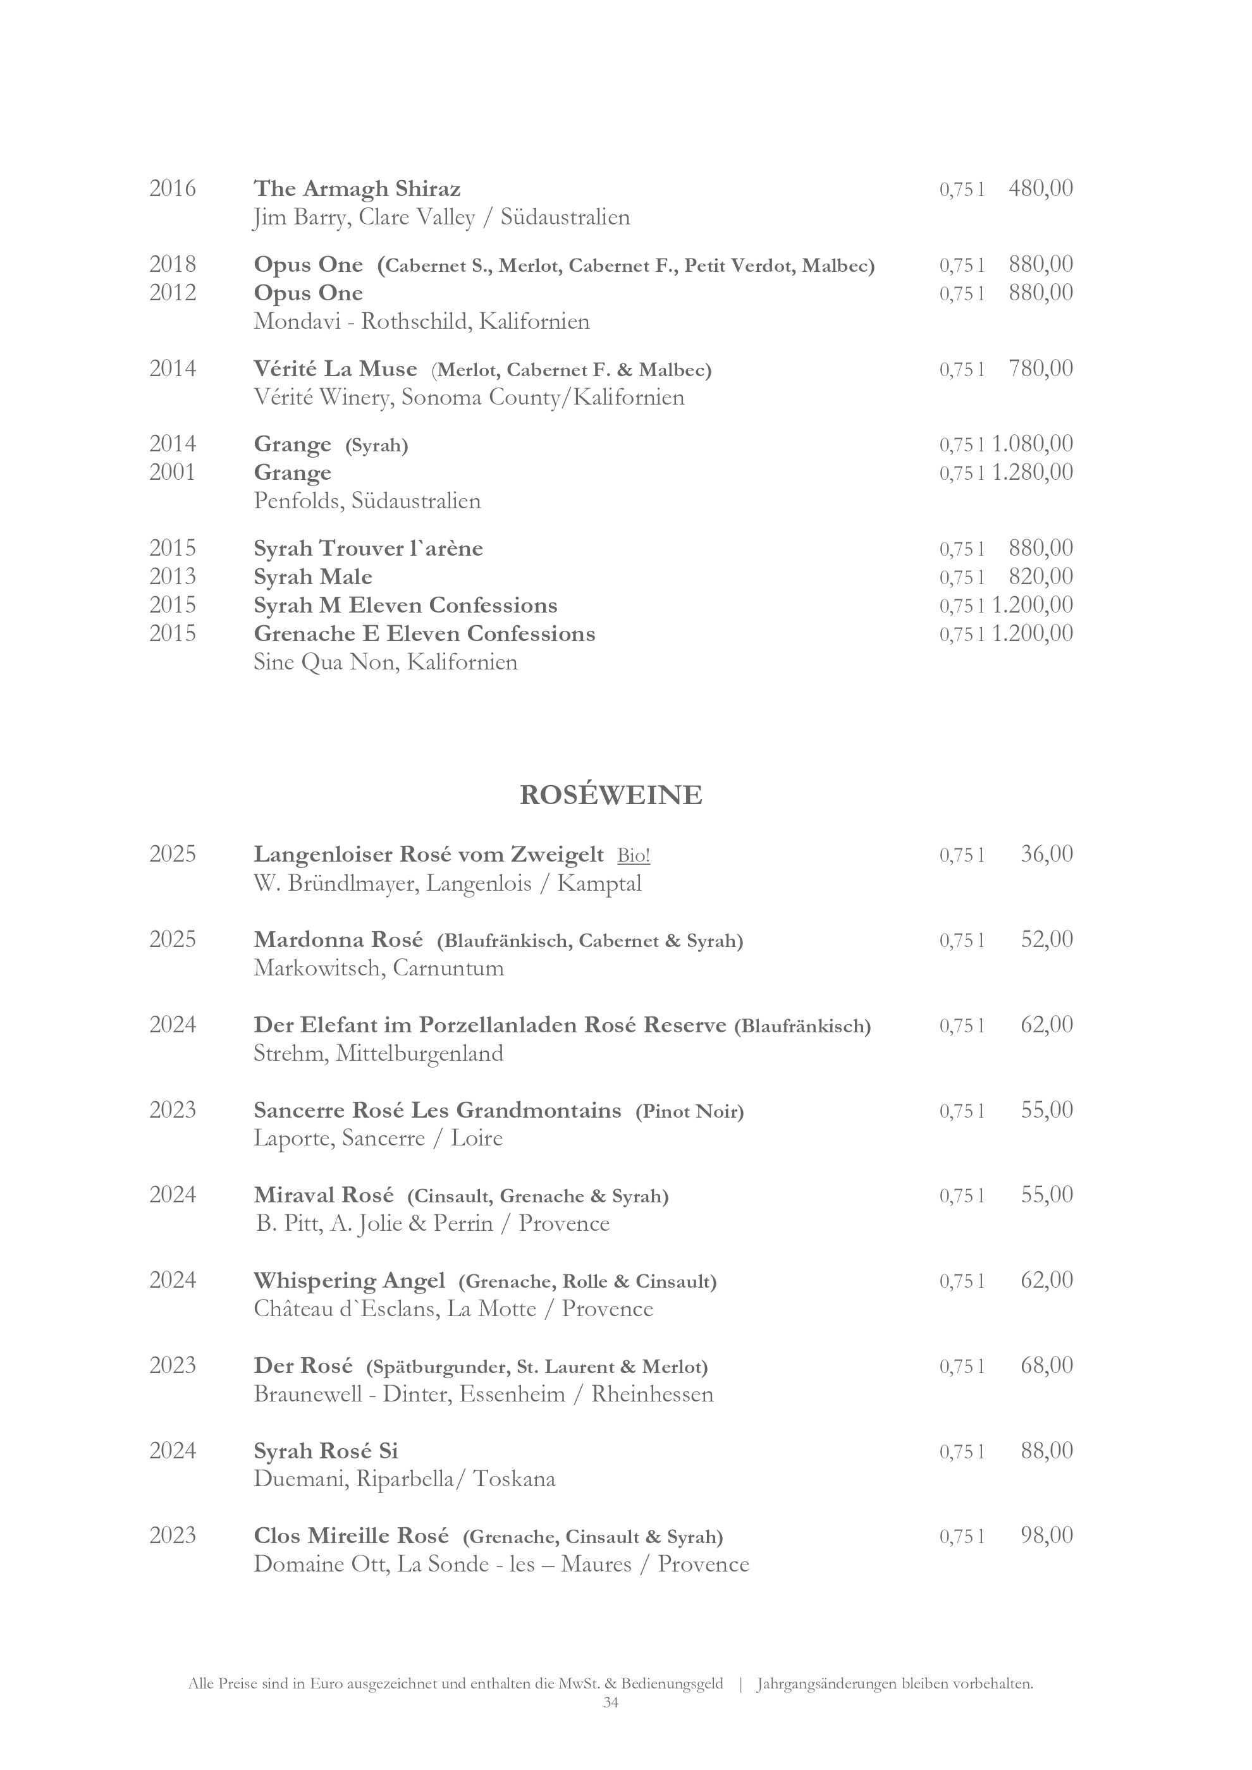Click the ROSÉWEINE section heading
(x=611, y=795)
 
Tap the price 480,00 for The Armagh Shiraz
(x=1040, y=188)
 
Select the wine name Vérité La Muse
(x=335, y=369)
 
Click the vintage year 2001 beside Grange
(x=173, y=472)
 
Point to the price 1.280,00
(x=1033, y=472)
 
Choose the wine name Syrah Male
(x=313, y=577)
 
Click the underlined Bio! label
(x=633, y=854)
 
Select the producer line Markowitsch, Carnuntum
(x=379, y=967)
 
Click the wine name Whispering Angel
(x=349, y=1281)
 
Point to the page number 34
(x=611, y=1702)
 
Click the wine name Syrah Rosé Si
(x=326, y=1451)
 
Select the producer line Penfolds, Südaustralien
(x=367, y=501)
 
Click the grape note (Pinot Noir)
(x=689, y=1111)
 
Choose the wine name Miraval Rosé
(x=324, y=1195)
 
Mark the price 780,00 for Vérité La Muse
(x=1040, y=369)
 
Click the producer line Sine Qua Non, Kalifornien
(x=386, y=662)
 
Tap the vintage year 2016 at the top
(x=173, y=188)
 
